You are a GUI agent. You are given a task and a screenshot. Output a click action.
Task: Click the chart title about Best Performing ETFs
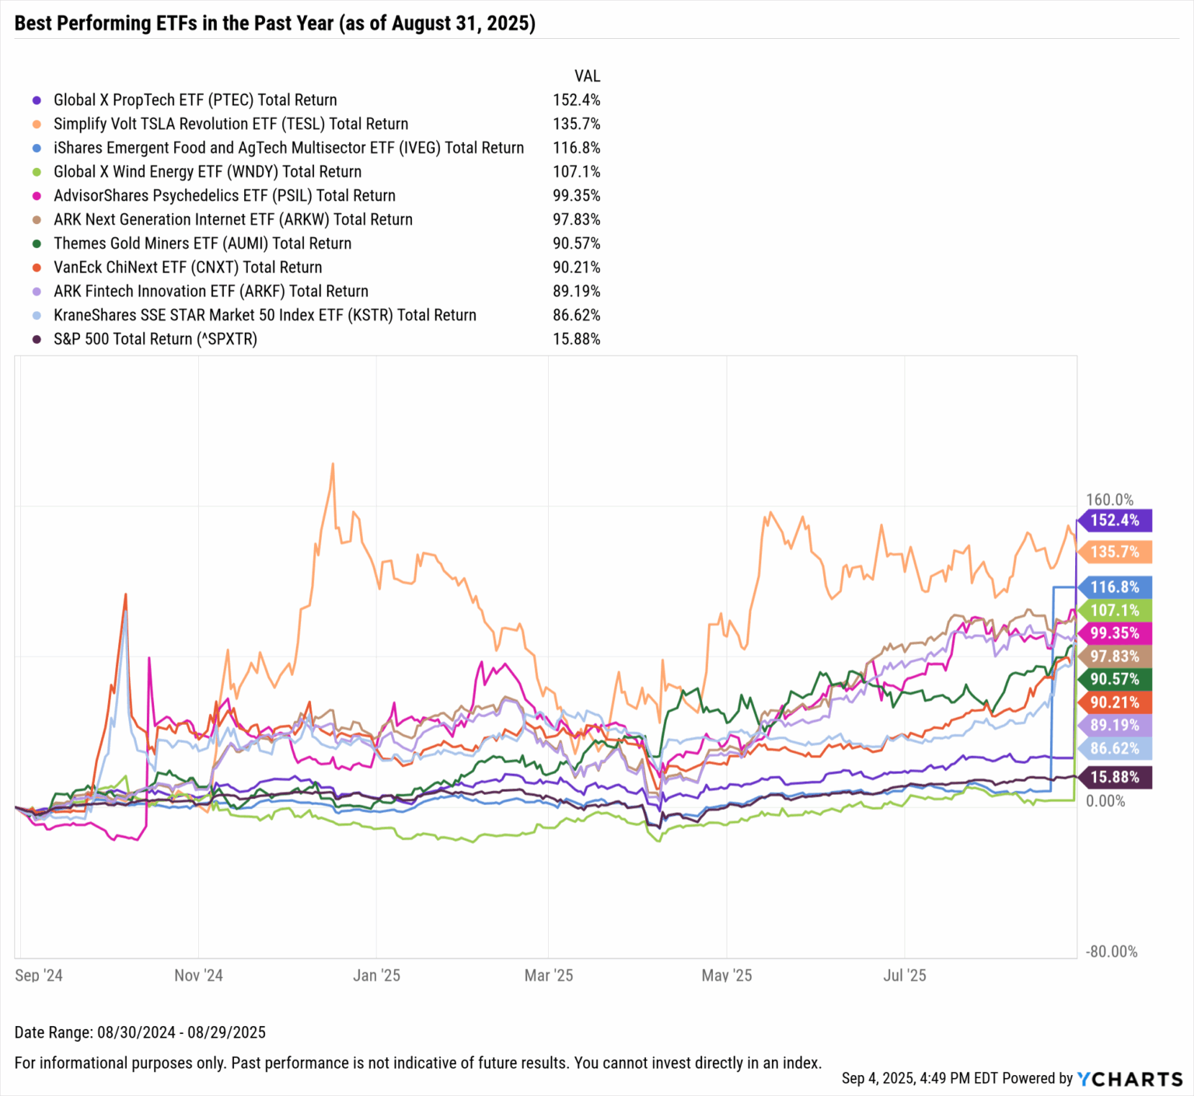[274, 23]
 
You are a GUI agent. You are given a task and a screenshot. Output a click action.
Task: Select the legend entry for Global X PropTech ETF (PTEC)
[194, 100]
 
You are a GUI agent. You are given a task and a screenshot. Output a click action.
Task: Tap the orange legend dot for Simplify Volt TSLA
[36, 124]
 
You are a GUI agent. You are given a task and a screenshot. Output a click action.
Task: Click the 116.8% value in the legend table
[576, 148]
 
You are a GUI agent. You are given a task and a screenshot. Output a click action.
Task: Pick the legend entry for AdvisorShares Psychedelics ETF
[224, 195]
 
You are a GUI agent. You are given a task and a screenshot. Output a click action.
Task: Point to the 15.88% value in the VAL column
[576, 339]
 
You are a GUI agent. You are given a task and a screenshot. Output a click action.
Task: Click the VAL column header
[587, 75]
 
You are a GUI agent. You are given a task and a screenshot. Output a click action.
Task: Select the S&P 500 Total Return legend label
[155, 339]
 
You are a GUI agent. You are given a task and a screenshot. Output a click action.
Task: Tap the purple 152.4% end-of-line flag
[1114, 520]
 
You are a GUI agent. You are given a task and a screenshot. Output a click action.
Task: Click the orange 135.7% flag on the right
[1114, 552]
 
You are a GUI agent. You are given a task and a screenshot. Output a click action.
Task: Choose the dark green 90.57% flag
[1114, 679]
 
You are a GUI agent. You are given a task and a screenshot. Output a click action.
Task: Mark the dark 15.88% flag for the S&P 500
[1114, 777]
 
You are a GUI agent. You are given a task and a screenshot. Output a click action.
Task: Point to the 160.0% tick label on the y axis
[1109, 499]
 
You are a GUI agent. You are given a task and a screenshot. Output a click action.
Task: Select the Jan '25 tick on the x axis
[376, 975]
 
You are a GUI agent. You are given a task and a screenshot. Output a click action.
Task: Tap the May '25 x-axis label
[726, 975]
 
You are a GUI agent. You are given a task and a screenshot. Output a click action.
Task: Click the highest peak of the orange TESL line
[333, 464]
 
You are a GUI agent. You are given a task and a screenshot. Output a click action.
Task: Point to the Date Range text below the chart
[140, 1032]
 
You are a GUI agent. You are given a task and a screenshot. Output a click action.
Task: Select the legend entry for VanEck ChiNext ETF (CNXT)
[187, 268]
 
